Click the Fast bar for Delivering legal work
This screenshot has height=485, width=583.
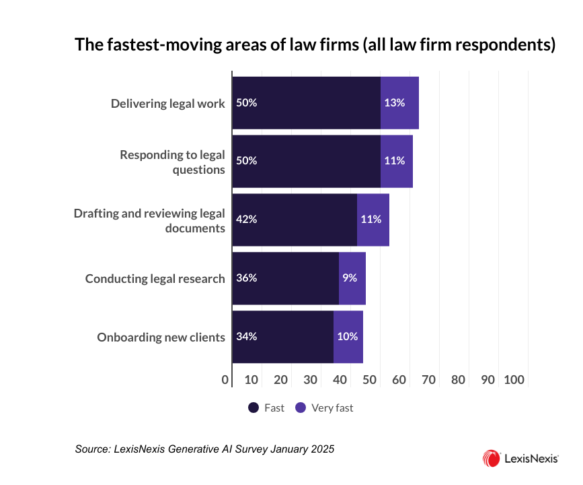[306, 103]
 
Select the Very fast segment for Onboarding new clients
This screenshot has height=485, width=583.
[348, 337]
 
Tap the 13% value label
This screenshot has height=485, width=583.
[394, 103]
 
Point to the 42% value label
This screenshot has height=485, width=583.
[247, 220]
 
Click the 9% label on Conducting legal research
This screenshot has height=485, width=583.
[350, 278]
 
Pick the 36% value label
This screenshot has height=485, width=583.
[247, 278]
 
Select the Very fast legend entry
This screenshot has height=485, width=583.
[324, 408]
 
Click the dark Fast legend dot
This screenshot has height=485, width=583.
[254, 408]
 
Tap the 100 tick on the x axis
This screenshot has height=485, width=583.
[514, 380]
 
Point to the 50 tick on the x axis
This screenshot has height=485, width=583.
[369, 380]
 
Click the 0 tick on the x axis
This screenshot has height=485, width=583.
[225, 380]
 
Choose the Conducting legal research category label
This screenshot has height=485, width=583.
[155, 278]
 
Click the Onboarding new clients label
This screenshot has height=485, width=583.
[161, 337]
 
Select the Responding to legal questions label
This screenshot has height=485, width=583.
[172, 162]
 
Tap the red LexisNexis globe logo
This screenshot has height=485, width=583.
[491, 459]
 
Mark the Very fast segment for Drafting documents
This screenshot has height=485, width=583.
[373, 220]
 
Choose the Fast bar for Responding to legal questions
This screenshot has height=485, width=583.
[306, 162]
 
